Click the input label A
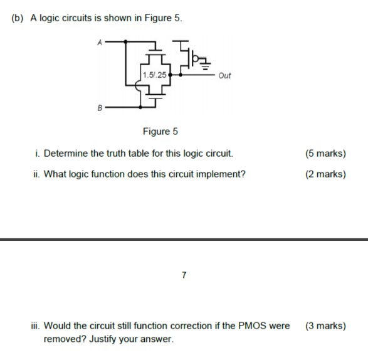pyautogui.click(x=98, y=41)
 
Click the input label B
pyautogui.click(x=98, y=107)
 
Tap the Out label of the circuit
pyautogui.click(x=224, y=75)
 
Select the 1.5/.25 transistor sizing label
pyautogui.click(x=154, y=75)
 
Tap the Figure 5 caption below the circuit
pyautogui.click(x=160, y=131)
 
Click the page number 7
pyautogui.click(x=184, y=275)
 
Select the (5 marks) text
pyautogui.click(x=325, y=153)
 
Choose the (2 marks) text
pyautogui.click(x=325, y=174)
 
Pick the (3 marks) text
pyautogui.click(x=325, y=326)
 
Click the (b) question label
pyautogui.click(x=17, y=18)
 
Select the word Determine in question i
pyautogui.click(x=66, y=153)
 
